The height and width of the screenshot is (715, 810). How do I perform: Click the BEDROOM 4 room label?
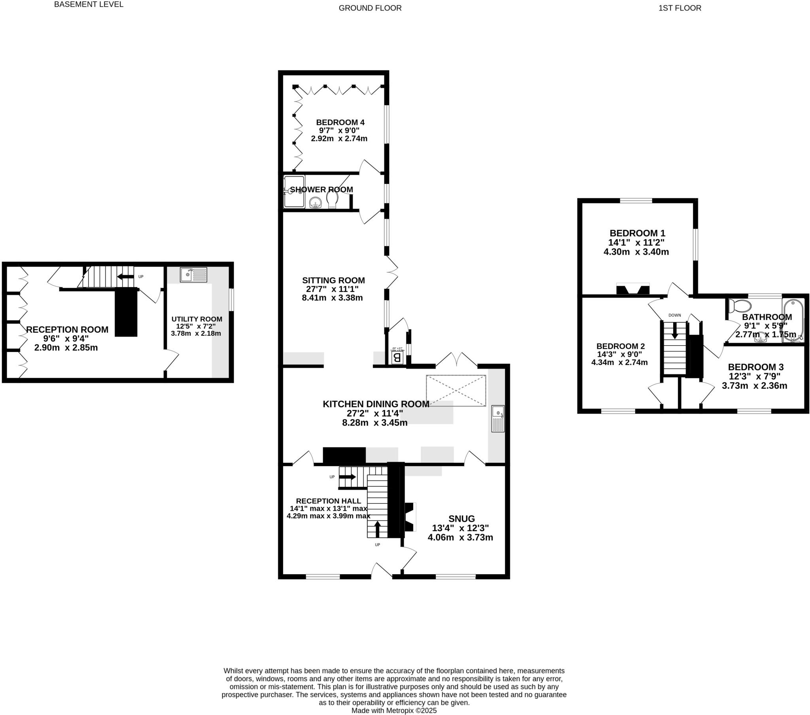pyautogui.click(x=340, y=123)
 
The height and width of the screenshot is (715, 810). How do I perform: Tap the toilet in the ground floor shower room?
pyautogui.click(x=332, y=199)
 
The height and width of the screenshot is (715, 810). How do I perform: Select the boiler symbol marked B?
pyautogui.click(x=397, y=358)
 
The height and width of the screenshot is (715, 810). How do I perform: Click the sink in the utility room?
pyautogui.click(x=193, y=275)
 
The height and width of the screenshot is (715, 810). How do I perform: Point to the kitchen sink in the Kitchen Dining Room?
pyautogui.click(x=498, y=418)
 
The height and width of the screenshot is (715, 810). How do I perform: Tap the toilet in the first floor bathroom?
pyautogui.click(x=740, y=306)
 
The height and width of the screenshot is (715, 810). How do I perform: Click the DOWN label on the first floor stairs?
pyautogui.click(x=674, y=316)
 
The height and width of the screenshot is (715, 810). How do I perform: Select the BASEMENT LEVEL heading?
pyautogui.click(x=89, y=5)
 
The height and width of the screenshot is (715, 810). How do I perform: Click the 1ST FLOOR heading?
pyautogui.click(x=679, y=8)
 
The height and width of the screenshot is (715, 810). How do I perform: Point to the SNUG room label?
pyautogui.click(x=462, y=518)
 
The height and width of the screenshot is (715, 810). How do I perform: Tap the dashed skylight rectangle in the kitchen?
pyautogui.click(x=456, y=390)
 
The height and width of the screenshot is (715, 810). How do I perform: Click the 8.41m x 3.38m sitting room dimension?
pyautogui.click(x=332, y=298)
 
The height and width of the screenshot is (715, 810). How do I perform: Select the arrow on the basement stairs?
pyautogui.click(x=126, y=277)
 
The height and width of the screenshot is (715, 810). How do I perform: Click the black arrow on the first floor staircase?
pyautogui.click(x=674, y=334)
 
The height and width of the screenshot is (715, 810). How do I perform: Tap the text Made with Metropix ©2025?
pyautogui.click(x=394, y=711)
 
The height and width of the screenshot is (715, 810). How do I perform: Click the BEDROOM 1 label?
pyautogui.click(x=637, y=233)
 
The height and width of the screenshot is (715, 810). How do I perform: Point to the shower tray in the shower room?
pyautogui.click(x=294, y=191)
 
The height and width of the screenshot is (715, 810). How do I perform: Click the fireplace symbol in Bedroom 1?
pyautogui.click(x=633, y=290)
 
